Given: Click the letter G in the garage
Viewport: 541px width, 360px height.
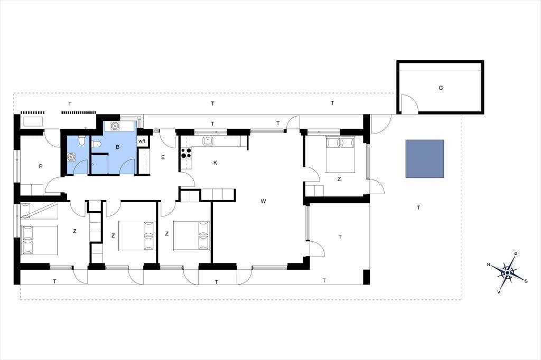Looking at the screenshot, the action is click(441, 88).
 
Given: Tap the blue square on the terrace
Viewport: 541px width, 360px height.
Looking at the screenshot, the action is click(425, 158).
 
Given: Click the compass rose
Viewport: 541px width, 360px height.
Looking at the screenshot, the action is click(508, 273).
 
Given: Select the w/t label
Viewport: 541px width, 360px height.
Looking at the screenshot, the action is click(142, 141).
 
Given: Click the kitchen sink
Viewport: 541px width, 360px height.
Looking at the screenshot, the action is click(208, 141).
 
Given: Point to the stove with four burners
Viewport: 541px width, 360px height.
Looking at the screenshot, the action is click(186, 153).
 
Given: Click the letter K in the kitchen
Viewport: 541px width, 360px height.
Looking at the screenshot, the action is click(216, 163).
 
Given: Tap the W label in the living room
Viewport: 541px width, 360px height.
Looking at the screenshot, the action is click(263, 201).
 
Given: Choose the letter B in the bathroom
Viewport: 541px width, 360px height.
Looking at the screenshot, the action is click(118, 147).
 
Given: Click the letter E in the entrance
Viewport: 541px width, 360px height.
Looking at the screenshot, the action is click(163, 158).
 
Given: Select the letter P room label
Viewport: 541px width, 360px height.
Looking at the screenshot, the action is click(41, 167).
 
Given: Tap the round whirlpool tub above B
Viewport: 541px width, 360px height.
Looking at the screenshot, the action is click(115, 126).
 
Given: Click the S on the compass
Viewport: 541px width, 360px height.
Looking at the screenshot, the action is click(526, 281).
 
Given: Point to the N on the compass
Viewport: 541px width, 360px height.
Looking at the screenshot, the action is click(489, 265).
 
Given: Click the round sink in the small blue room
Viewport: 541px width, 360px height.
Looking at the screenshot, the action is click(71, 157).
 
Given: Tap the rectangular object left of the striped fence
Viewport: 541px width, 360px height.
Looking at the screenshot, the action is click(32, 122).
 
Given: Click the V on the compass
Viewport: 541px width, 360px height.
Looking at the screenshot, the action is click(499, 292).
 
